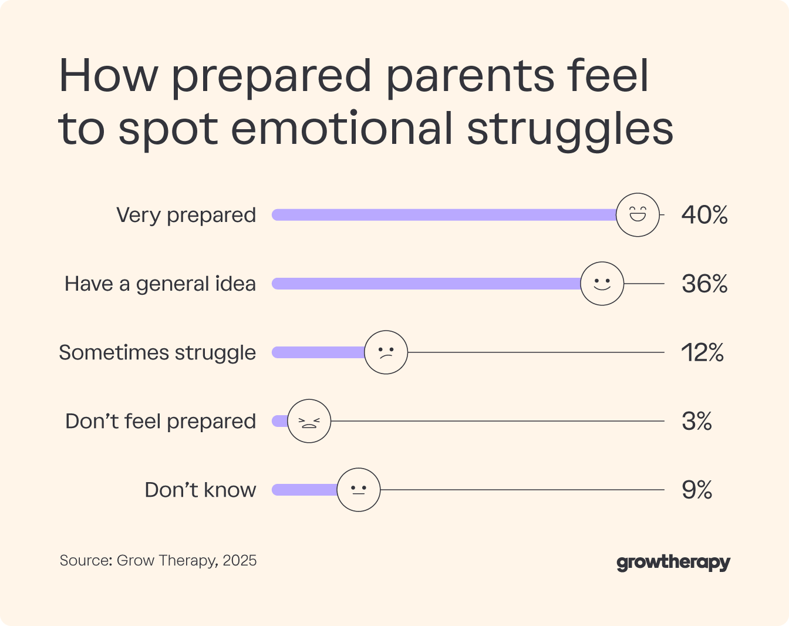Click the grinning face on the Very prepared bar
click(638, 215)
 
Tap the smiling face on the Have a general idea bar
click(602, 284)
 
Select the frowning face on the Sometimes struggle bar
click(386, 352)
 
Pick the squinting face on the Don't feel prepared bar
click(309, 421)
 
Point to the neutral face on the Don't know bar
click(359, 490)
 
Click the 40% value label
click(704, 216)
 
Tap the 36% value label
click(704, 284)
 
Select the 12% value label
click(702, 353)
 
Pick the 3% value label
click(697, 422)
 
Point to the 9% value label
click(697, 490)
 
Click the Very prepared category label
click(186, 216)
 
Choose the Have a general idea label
click(160, 284)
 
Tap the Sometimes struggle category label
click(157, 353)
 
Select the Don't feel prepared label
click(161, 422)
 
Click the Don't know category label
click(200, 490)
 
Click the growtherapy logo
click(673, 563)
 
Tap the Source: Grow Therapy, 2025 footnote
click(158, 560)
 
